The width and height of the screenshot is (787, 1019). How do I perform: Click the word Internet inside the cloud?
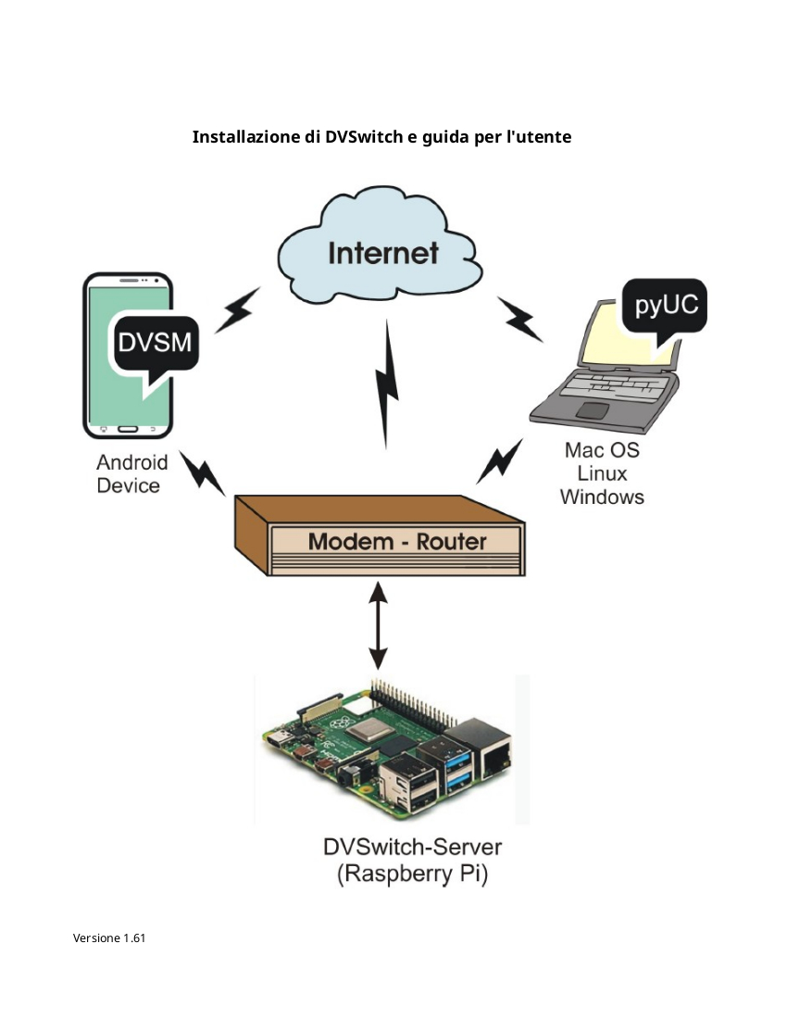[383, 253]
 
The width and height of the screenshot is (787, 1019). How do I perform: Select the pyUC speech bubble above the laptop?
[664, 310]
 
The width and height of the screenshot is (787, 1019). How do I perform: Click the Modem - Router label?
[397, 541]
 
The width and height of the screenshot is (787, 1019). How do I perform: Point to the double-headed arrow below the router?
[378, 625]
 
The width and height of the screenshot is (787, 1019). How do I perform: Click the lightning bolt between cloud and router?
[386, 384]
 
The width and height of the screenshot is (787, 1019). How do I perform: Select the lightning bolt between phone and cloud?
[237, 310]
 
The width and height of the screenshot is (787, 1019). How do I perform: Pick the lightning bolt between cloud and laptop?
[519, 319]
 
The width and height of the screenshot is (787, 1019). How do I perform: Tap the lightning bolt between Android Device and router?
[202, 473]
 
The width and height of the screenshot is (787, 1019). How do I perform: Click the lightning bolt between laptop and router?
[499, 461]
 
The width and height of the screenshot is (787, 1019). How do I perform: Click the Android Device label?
[132, 473]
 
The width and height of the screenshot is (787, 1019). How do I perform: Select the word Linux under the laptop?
[602, 473]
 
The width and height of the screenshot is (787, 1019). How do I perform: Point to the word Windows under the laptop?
[602, 497]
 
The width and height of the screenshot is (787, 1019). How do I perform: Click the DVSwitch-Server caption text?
[412, 847]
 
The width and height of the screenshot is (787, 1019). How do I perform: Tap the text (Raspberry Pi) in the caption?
[412, 874]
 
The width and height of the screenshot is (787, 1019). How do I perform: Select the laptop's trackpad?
[593, 410]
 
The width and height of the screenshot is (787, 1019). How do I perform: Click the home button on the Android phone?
[128, 429]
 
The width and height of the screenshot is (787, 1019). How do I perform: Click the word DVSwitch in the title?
[364, 137]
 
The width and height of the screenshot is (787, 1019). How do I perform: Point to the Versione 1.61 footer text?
[109, 937]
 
